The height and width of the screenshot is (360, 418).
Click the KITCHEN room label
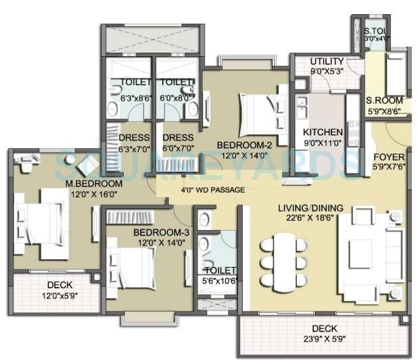323,132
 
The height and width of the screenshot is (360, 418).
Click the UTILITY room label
327,61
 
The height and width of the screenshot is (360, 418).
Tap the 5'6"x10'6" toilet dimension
219,281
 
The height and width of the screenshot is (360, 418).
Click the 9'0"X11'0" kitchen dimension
323,143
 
